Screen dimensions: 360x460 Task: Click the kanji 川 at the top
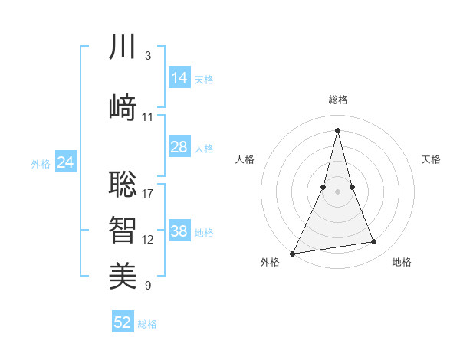[123, 47]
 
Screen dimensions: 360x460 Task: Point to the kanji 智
[123, 228]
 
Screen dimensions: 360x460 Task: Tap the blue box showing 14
[179, 78]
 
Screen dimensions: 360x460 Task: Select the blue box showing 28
[179, 147]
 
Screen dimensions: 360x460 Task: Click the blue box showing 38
[179, 231]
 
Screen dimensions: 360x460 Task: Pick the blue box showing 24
[65, 162]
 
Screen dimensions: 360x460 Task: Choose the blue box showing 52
[123, 322]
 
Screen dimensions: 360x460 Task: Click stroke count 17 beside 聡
[148, 193]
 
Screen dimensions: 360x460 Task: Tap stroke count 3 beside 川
[148, 56]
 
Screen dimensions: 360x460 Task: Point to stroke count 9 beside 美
[148, 286]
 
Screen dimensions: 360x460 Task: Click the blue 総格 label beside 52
[147, 324]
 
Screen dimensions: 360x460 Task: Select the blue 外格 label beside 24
[41, 163]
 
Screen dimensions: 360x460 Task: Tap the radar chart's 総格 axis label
[337, 100]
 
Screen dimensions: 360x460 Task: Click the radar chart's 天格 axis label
[431, 159]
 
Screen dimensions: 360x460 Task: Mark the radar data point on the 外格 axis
[292, 253]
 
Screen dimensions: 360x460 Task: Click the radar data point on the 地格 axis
[374, 242]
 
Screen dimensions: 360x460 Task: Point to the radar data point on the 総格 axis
[337, 129]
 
